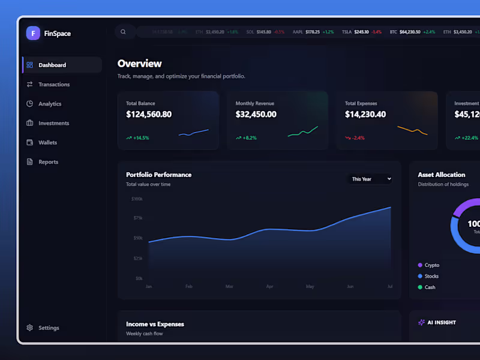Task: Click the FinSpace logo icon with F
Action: point(33,34)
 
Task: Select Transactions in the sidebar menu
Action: point(54,85)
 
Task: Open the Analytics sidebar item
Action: point(50,104)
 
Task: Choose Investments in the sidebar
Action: point(53,123)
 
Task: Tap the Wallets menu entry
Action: point(47,143)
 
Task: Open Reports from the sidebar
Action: point(48,162)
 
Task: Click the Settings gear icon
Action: point(30,328)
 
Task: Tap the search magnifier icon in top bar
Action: point(124,32)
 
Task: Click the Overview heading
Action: point(140,64)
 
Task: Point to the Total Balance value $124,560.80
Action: point(149,114)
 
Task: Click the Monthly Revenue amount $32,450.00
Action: point(256,114)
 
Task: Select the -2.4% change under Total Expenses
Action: point(358,138)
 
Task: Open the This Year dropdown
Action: point(371,179)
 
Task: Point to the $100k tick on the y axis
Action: point(137,199)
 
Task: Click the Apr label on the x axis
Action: point(269,287)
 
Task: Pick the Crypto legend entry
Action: point(431,265)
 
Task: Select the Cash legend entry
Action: point(430,287)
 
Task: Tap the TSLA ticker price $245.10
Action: point(361,32)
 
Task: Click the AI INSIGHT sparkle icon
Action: point(421,322)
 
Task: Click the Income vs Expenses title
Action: point(155,324)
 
